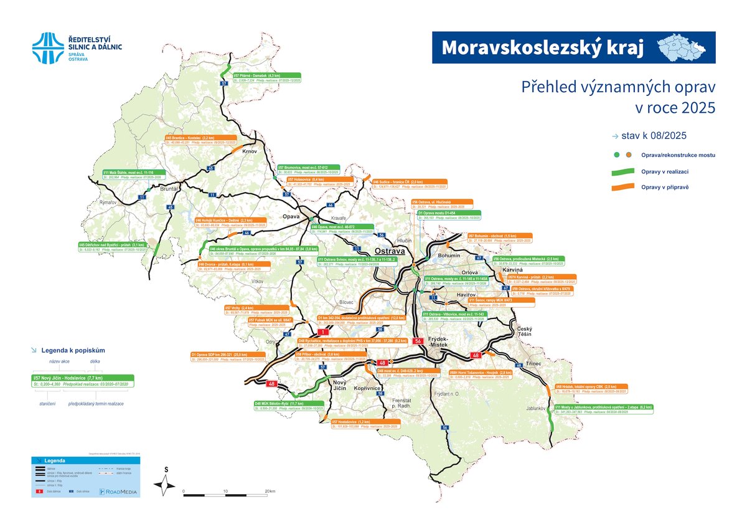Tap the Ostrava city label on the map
pos(390,250)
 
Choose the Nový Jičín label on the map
pos(339,384)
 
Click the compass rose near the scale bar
pos(166,483)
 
